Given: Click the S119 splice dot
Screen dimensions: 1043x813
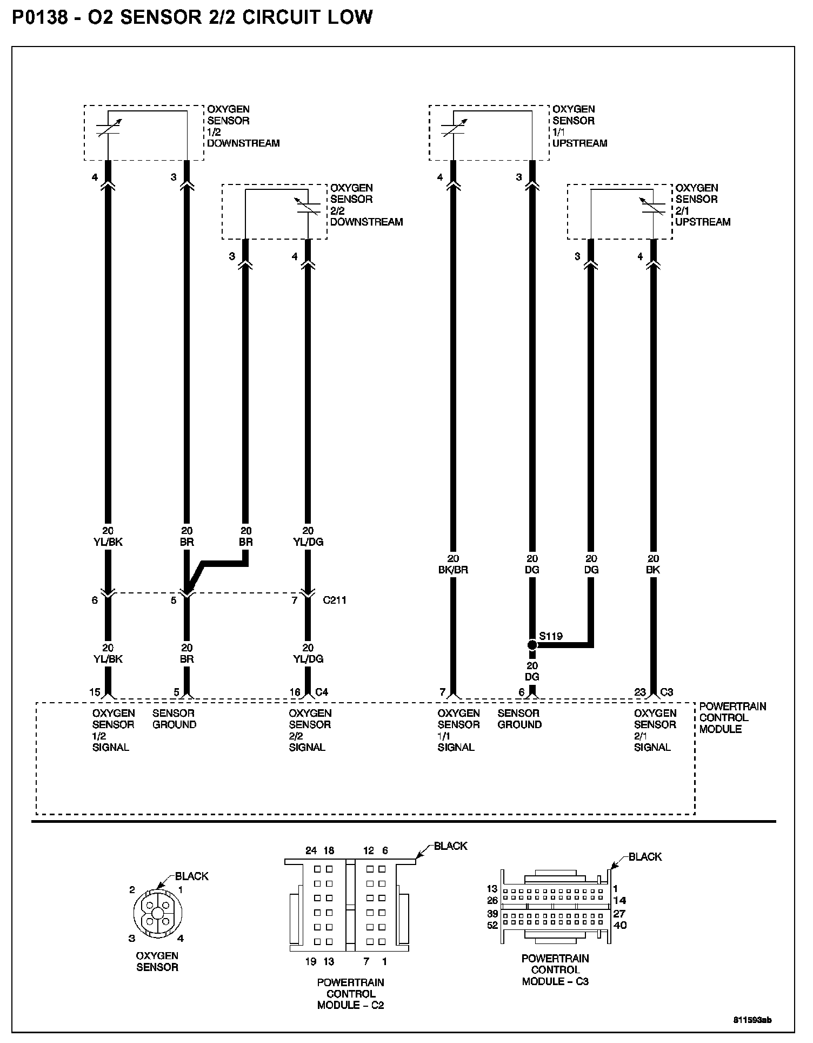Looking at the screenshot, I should (532, 645).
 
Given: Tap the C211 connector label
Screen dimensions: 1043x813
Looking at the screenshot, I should (334, 600).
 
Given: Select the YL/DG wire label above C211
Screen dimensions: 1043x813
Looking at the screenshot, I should (308, 542).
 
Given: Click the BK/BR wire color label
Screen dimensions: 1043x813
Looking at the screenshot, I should (453, 570).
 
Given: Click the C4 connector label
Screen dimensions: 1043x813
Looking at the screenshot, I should (322, 692).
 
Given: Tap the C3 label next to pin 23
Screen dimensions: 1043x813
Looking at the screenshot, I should (667, 692).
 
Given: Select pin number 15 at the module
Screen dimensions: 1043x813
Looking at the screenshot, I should (95, 692).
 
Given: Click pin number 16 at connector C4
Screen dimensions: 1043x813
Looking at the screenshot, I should (295, 692).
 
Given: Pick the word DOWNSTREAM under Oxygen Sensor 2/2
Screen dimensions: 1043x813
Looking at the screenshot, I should (366, 222).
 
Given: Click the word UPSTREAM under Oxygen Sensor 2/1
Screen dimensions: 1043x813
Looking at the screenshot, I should (703, 222).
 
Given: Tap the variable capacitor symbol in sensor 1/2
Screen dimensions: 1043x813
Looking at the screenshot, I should (108, 130).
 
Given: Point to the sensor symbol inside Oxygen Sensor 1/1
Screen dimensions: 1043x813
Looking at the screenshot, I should (452, 130).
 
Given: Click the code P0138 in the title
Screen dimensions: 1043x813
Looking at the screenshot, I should (40, 18).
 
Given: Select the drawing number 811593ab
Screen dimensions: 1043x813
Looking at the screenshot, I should (752, 1020).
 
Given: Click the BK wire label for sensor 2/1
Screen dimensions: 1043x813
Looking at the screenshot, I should (653, 570).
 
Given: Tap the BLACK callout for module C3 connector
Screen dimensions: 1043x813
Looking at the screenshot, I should (645, 856).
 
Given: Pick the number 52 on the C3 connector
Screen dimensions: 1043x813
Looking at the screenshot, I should (492, 925).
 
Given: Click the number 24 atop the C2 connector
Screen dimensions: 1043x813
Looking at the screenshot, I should (311, 850).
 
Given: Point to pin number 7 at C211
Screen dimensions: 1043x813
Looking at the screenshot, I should (295, 600).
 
